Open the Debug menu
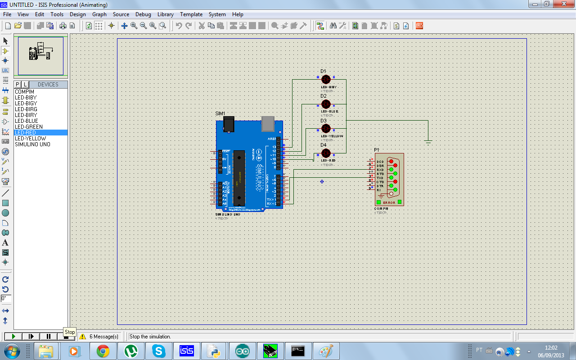[x=143, y=14]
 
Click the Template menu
[x=191, y=14]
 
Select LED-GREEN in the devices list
[x=29, y=127]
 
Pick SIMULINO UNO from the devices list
[x=32, y=144]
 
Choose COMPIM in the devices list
[x=24, y=92]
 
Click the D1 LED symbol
[x=326, y=80]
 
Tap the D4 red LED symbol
[x=326, y=153]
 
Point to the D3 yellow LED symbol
[x=326, y=129]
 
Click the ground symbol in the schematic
[x=428, y=141]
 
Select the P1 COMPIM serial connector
[x=389, y=179]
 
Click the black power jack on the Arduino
[x=229, y=124]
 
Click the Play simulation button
[x=13, y=336]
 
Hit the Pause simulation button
[x=49, y=336]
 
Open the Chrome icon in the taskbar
[x=103, y=351]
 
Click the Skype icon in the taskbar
[x=158, y=351]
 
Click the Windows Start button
[x=11, y=351]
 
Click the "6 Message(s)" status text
[x=103, y=337]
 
